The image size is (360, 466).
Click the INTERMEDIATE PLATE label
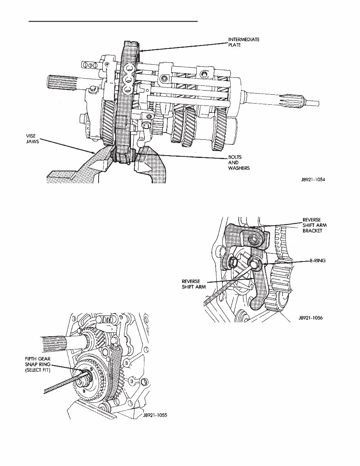244,42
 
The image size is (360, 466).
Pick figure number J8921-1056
310,318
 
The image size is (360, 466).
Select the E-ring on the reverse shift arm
255,264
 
